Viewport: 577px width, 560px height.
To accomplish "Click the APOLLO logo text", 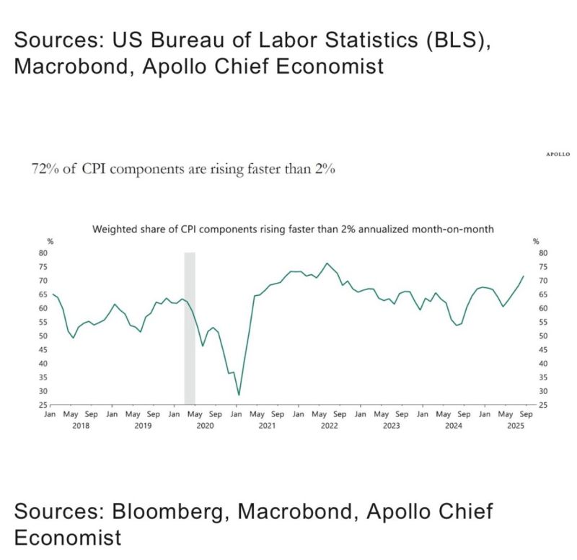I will click(x=557, y=154).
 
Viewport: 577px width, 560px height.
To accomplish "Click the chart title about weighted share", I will click(x=293, y=229).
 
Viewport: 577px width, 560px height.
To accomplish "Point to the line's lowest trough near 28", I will click(x=239, y=395).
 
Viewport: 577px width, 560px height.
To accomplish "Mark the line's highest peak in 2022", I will click(x=327, y=263).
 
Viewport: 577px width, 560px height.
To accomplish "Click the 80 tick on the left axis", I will click(x=43, y=253).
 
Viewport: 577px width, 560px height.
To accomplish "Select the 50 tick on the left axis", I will click(x=43, y=336).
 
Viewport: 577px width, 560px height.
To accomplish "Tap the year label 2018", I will click(x=81, y=426).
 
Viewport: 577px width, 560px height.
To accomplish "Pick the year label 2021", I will click(x=267, y=426).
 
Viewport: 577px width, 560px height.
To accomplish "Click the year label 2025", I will click(x=515, y=426).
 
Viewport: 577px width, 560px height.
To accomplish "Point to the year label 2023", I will click(x=391, y=426).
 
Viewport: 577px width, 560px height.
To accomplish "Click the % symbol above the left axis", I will click(x=50, y=241).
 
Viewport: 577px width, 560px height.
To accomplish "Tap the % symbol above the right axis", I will click(x=535, y=241).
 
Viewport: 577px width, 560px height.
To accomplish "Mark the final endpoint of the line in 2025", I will click(x=523, y=276).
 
